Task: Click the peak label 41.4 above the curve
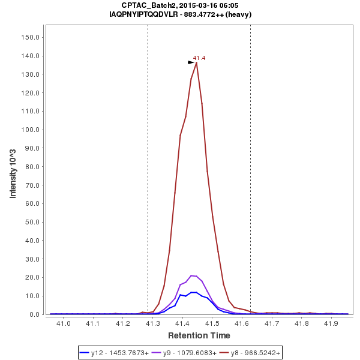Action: click(199, 58)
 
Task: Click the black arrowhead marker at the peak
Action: click(191, 62)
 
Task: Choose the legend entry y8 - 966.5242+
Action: click(247, 353)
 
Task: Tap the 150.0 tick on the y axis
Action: click(31, 37)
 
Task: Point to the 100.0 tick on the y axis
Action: click(31, 130)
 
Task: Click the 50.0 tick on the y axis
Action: click(32, 222)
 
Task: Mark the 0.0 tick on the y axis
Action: click(34, 314)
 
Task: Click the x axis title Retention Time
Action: click(199, 335)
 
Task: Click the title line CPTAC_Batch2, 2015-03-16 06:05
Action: click(180, 5)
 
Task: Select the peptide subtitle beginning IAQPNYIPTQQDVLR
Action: click(180, 14)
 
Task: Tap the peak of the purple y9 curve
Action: click(191, 275)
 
